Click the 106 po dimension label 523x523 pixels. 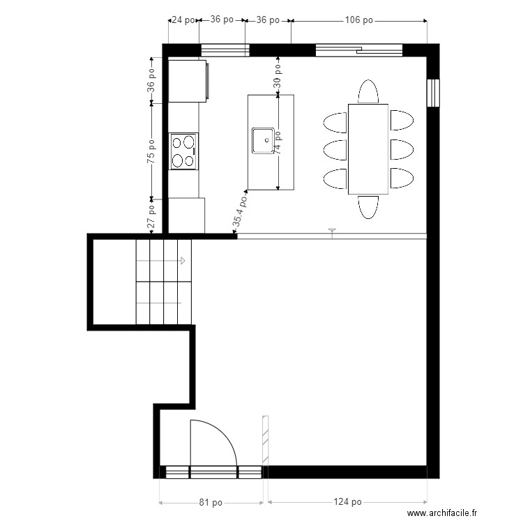358,20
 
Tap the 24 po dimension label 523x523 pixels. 183,20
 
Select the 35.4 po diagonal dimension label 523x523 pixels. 240,211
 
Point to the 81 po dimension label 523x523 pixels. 211,502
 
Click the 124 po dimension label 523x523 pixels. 347,501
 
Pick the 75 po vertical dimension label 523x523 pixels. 151,151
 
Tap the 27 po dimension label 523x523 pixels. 151,216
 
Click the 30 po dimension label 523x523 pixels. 278,76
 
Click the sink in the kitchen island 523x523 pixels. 263,141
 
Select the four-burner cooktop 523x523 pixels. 183,151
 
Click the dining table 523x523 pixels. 368,149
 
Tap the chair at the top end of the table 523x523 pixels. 368,91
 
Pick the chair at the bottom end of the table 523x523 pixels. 368,207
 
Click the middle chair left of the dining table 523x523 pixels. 335,150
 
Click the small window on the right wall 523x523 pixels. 433,93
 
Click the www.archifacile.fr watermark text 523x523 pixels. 442,513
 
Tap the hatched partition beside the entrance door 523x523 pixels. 266,440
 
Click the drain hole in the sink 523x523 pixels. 267,140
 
